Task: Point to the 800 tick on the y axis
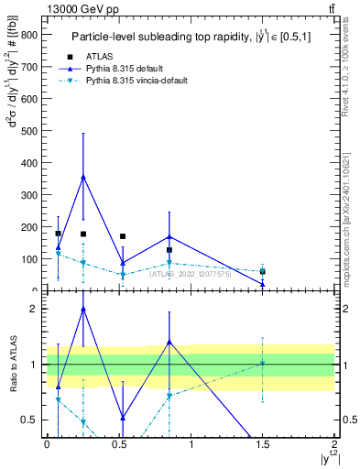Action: point(32,34)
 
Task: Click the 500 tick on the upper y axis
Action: point(32,130)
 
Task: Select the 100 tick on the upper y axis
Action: point(32,259)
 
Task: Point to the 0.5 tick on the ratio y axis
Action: point(32,420)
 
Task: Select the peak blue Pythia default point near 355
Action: point(83,177)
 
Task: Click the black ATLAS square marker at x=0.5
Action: point(123,236)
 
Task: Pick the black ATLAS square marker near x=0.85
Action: point(169,250)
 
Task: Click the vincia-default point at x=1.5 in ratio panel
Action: point(262,363)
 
